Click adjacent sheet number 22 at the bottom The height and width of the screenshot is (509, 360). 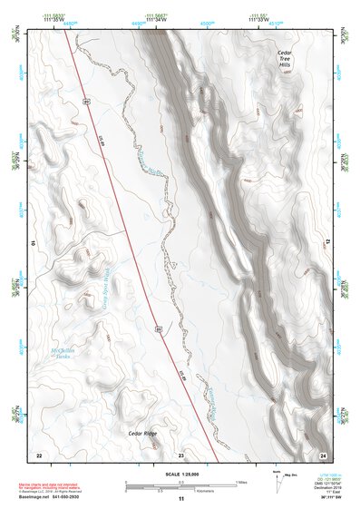(38, 454)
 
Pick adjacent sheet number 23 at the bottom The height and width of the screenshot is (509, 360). (180, 454)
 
